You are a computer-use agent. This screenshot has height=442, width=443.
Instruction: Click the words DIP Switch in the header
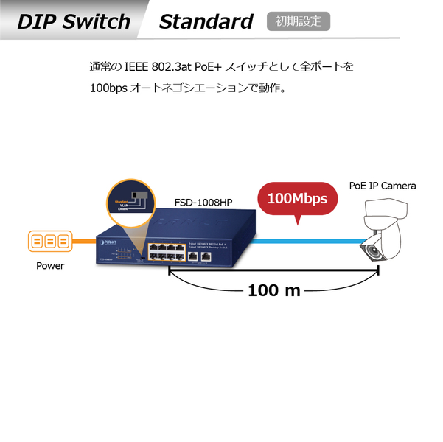74,21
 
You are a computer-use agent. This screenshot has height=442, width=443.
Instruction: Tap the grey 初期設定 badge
299,21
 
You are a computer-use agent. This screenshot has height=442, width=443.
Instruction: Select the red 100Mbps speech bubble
297,198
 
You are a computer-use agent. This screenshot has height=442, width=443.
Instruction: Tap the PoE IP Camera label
382,186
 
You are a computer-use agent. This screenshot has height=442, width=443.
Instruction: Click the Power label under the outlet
50,266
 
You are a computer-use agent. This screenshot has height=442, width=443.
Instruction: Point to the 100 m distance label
274,290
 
